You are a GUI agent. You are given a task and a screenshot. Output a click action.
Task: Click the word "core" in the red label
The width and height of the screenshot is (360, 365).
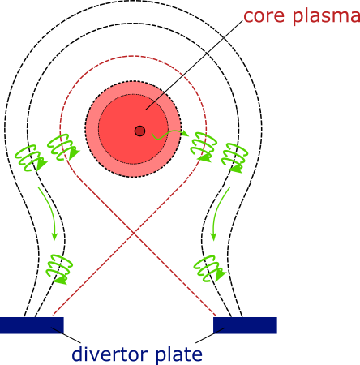(264, 16)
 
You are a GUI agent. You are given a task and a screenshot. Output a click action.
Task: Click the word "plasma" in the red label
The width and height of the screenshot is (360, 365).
(327, 17)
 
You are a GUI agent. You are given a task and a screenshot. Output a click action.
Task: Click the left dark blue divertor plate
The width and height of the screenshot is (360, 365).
(32, 325)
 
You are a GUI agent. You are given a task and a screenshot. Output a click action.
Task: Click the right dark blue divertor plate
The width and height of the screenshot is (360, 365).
(245, 325)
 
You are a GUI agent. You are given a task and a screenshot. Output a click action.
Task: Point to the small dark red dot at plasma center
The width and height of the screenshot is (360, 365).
(139, 131)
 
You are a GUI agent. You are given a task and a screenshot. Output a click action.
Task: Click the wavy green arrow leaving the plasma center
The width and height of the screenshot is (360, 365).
(169, 134)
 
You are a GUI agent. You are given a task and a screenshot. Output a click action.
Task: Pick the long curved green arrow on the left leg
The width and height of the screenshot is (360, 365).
(50, 211)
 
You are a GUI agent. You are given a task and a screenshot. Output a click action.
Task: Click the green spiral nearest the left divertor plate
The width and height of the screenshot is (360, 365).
(60, 269)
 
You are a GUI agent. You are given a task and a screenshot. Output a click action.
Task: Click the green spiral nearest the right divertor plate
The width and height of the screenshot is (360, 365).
(209, 268)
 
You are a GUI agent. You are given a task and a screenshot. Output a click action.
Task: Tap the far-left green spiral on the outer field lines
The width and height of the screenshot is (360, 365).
(30, 158)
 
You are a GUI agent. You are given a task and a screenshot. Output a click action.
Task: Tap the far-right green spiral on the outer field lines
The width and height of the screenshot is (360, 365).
(234, 157)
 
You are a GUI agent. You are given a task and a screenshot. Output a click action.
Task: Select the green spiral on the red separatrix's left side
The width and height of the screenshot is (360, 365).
(62, 147)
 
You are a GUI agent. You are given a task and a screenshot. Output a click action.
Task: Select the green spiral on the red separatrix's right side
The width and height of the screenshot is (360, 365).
(204, 147)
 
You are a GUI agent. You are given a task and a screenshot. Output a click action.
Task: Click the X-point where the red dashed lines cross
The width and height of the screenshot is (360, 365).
(134, 233)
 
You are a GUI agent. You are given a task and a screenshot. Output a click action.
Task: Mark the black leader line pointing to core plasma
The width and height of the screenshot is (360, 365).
(194, 65)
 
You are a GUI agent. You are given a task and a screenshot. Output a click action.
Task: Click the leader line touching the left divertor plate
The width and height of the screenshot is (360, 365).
(66, 335)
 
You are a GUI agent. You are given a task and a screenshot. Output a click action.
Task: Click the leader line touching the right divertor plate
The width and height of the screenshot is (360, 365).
(210, 335)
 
